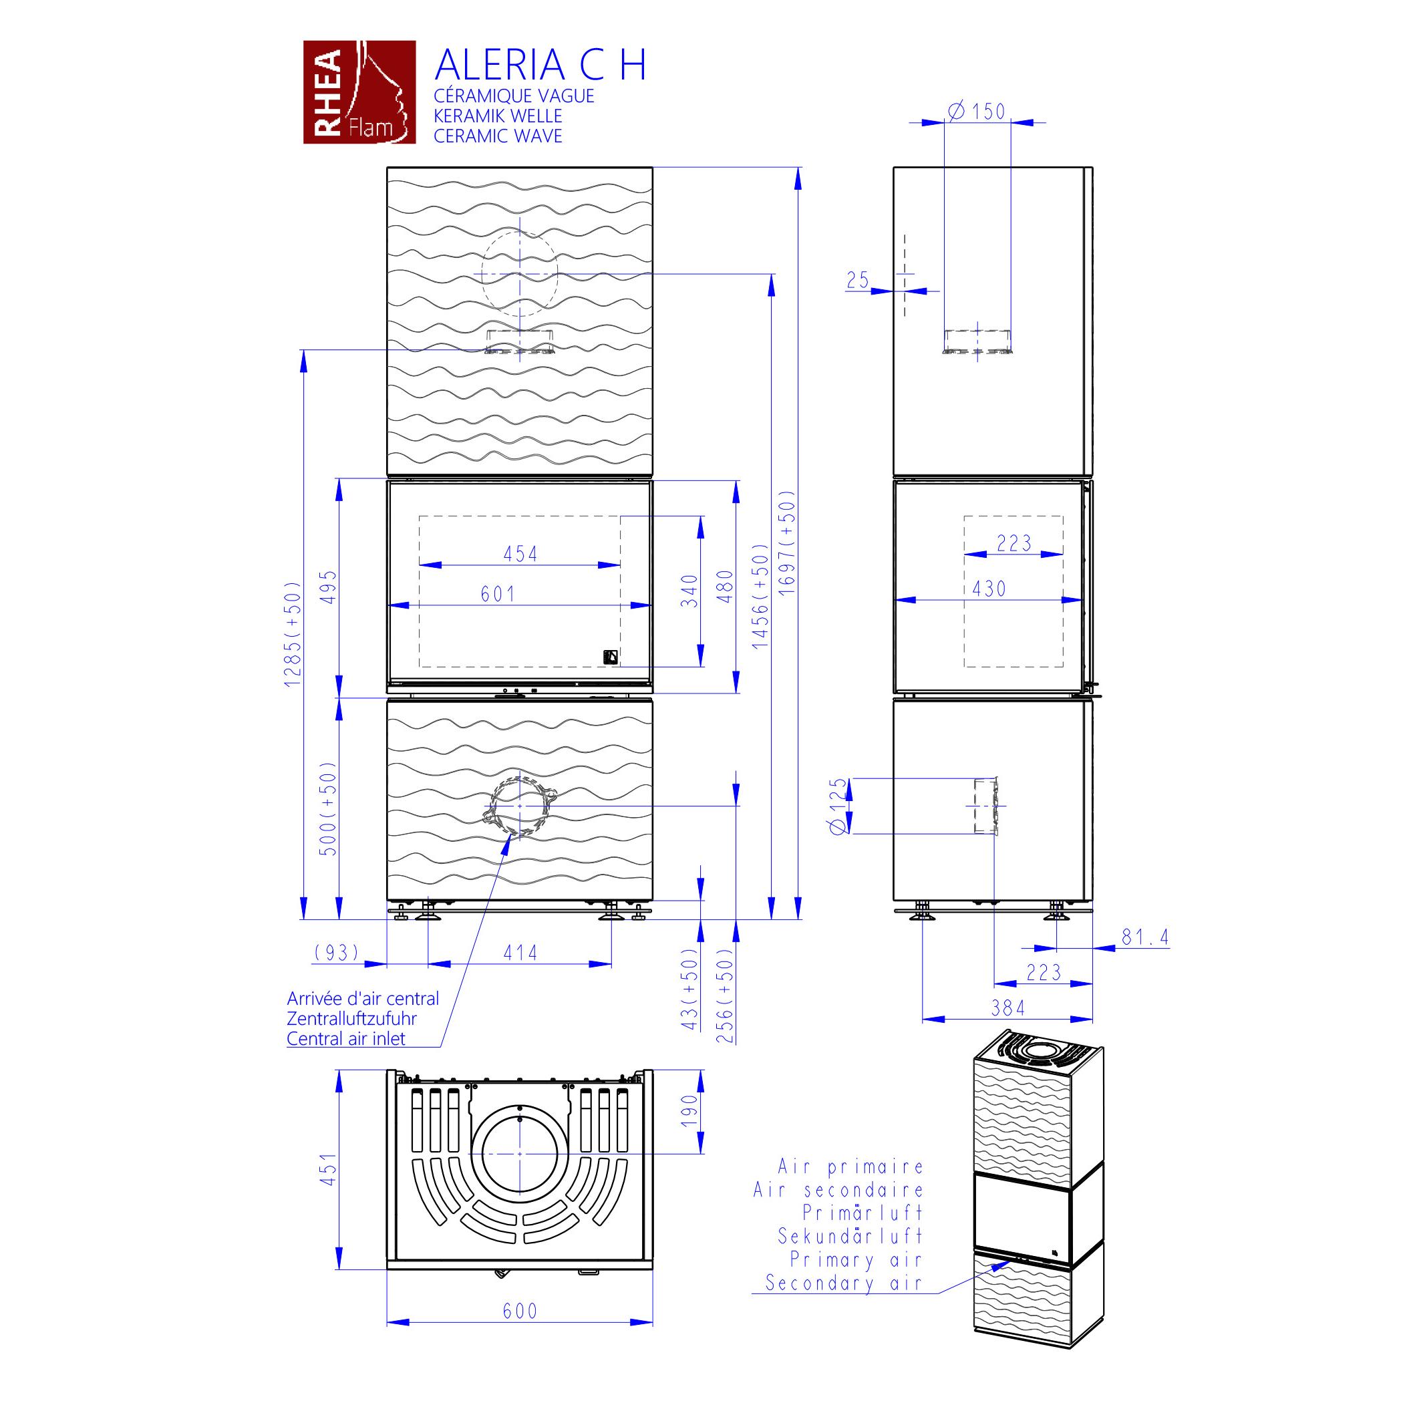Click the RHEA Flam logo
359,92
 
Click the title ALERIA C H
540,65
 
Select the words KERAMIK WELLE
498,116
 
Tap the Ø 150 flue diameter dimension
977,111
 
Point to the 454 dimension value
520,554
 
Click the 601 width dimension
498,594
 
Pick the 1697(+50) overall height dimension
788,543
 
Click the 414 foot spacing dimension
520,952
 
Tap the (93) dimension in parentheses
337,952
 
